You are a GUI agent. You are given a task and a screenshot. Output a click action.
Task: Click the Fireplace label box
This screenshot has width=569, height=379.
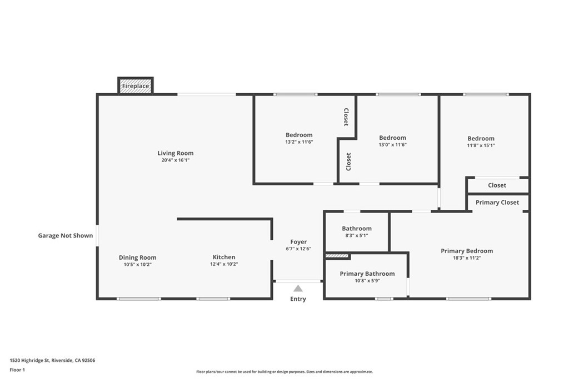136,86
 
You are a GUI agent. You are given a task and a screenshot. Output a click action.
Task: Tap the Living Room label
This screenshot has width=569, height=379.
175,153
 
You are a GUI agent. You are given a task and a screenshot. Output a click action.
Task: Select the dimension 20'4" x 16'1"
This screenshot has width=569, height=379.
175,160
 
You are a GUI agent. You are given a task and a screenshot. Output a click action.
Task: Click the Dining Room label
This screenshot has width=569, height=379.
137,257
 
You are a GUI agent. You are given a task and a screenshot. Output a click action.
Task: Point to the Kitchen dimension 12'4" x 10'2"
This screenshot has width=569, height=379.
224,264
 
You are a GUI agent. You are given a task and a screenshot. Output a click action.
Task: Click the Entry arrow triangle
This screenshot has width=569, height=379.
298,288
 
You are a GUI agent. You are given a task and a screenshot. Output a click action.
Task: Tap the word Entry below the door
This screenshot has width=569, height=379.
298,299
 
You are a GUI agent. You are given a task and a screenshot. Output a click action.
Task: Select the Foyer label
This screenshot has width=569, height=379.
298,242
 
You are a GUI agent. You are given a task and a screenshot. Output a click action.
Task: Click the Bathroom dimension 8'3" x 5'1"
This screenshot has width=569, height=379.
356,235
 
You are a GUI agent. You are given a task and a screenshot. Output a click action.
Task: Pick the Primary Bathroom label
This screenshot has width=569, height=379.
367,274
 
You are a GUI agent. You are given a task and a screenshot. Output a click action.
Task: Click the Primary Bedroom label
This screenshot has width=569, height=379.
467,251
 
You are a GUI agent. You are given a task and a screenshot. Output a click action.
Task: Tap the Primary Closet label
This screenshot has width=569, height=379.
497,203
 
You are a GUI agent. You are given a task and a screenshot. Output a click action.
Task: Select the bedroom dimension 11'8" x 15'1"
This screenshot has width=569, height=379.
481,145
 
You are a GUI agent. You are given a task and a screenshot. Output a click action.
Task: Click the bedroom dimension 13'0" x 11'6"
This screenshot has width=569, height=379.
392,144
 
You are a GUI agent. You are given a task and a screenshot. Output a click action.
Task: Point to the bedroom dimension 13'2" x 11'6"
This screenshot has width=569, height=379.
299,142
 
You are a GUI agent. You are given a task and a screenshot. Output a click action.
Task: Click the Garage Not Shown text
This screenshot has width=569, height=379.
66,236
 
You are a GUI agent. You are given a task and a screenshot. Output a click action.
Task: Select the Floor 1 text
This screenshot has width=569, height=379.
17,370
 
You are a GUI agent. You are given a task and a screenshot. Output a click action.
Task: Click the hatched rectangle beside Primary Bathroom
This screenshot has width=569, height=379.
337,256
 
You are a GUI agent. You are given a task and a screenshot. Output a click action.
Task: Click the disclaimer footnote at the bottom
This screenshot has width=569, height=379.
284,372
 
